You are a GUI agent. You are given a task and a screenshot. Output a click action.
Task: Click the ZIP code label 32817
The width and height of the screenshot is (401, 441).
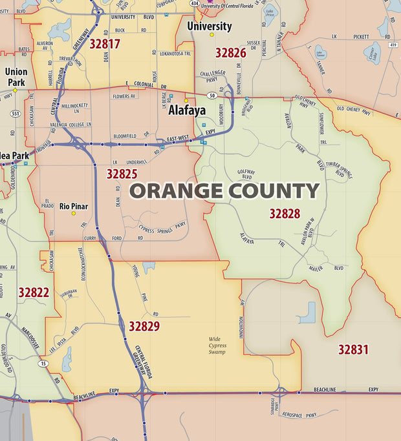click(105, 44)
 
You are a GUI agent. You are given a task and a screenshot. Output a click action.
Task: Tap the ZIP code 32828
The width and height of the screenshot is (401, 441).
click(285, 213)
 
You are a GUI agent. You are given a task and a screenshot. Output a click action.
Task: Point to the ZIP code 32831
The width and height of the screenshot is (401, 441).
click(353, 349)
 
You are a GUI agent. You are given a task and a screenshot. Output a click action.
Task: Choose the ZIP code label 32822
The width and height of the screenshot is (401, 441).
click(34, 292)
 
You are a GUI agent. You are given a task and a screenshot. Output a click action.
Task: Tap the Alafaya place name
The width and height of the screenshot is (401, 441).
click(187, 110)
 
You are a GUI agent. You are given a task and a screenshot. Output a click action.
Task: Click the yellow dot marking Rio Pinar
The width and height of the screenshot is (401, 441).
click(74, 213)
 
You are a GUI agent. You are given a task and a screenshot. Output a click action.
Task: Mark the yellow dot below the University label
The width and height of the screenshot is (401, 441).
click(211, 35)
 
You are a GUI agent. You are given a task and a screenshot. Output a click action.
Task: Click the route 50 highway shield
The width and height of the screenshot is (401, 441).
click(211, 96)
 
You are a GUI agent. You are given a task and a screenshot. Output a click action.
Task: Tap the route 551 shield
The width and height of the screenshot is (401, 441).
click(15, 114)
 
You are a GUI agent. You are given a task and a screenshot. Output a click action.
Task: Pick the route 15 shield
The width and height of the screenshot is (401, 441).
click(43, 364)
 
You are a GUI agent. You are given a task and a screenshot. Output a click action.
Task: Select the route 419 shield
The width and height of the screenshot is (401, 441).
click(393, 45)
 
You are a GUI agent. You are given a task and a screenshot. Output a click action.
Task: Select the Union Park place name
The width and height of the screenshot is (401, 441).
click(16, 77)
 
